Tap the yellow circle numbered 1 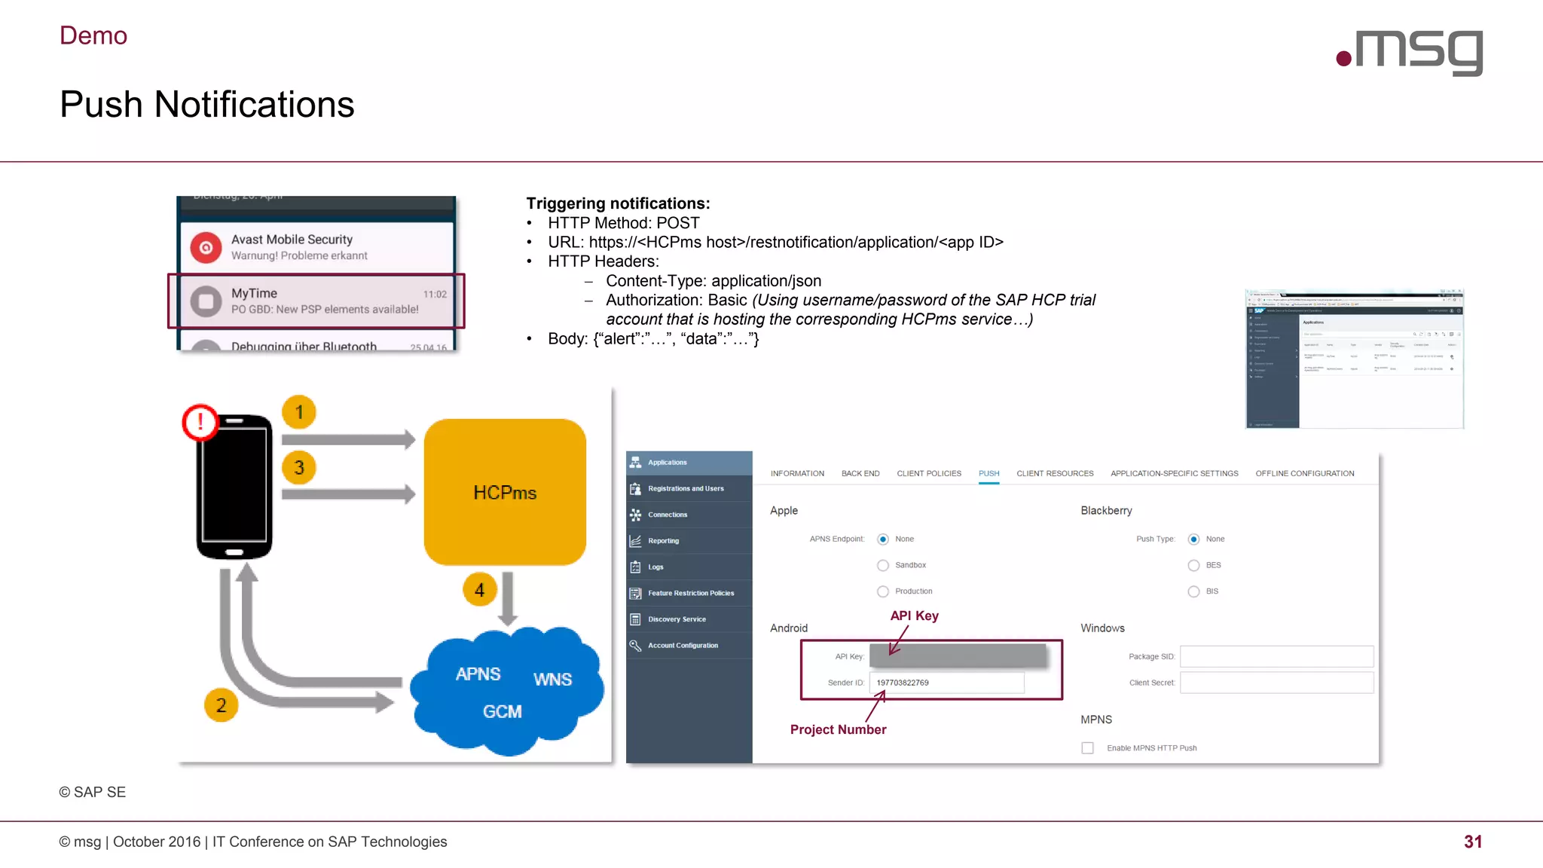point(299,412)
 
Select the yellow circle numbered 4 point(480,589)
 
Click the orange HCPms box point(505,492)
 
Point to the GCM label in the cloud point(502,711)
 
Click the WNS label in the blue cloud point(552,679)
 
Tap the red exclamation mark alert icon point(200,422)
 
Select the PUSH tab point(988,473)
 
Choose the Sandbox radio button point(883,565)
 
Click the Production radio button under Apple point(883,591)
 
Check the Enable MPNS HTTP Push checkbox point(1087,747)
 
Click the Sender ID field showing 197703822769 point(946,683)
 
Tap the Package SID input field point(1276,656)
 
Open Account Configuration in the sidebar point(683,645)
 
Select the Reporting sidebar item point(663,540)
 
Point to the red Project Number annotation point(838,729)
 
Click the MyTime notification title point(254,293)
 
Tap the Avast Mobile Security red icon point(206,247)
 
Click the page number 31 point(1473,842)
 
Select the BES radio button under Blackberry point(1193,565)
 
